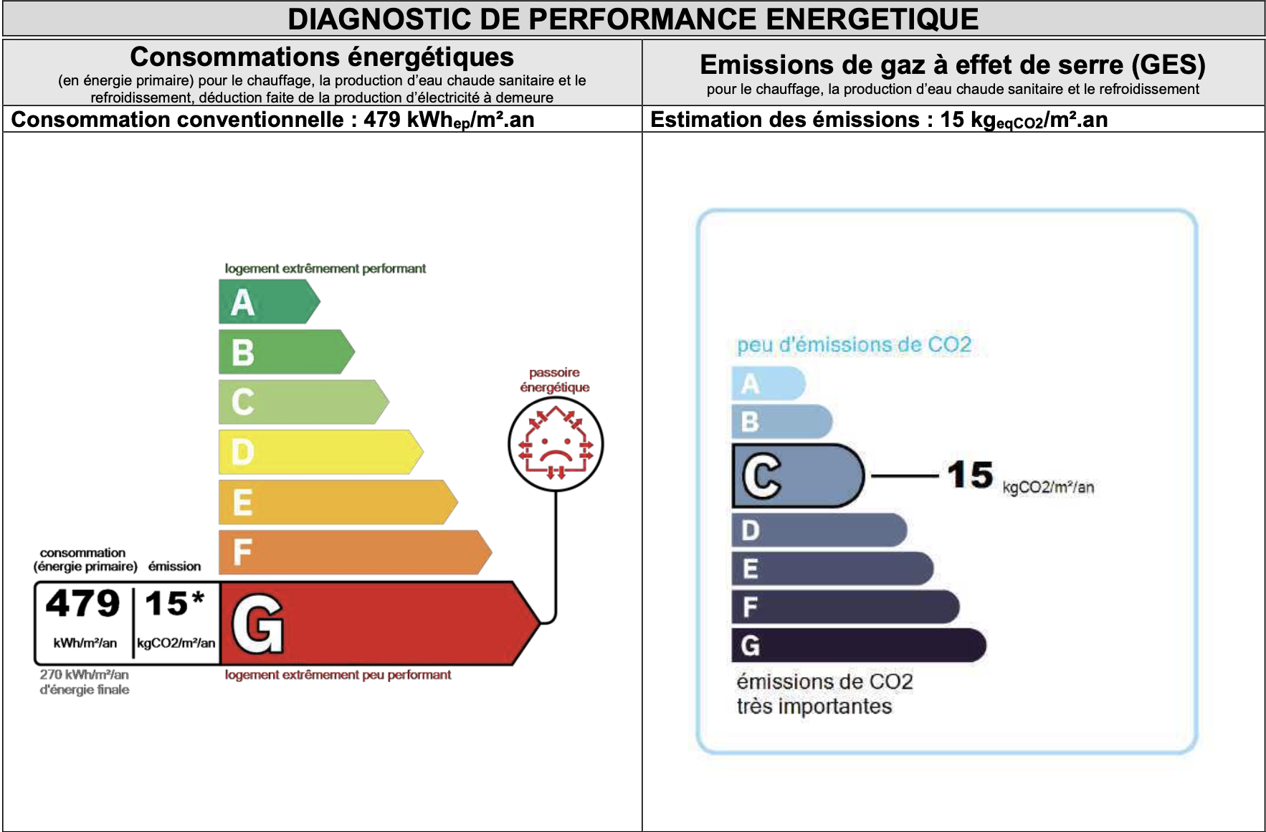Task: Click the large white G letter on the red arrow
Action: (257, 624)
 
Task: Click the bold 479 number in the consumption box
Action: (83, 604)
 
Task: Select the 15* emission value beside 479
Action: (175, 604)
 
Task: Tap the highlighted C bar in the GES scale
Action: (796, 476)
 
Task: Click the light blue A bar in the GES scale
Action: (768, 384)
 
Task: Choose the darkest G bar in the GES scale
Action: (857, 645)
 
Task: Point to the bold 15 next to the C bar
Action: (970, 475)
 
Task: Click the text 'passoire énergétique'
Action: (555, 380)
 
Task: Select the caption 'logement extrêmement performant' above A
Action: (325, 268)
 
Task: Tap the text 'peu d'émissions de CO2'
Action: (854, 345)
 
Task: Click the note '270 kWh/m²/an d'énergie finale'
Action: (85, 682)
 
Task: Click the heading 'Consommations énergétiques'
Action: (322, 57)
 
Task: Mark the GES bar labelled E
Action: (832, 569)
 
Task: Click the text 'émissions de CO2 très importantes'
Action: (824, 694)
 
